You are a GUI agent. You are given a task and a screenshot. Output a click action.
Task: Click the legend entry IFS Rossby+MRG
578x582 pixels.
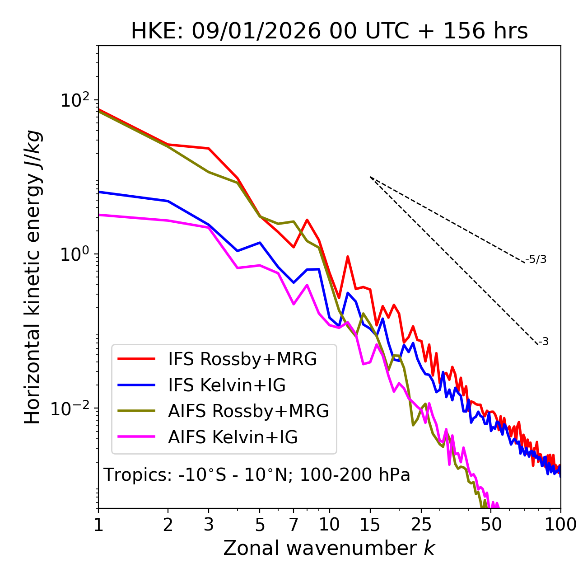click(242, 359)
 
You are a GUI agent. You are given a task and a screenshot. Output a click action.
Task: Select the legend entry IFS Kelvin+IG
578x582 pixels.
click(227, 385)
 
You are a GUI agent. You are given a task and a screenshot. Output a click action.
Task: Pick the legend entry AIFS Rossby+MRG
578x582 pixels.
click(248, 411)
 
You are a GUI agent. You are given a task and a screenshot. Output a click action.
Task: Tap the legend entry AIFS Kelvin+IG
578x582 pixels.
click(233, 437)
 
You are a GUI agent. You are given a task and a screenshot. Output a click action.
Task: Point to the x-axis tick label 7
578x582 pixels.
click(294, 525)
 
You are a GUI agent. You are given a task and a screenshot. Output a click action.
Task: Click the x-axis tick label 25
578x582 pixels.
click(421, 525)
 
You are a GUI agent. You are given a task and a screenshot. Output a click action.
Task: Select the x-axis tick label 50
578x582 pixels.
click(491, 525)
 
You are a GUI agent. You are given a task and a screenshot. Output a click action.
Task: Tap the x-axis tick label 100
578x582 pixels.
click(560, 525)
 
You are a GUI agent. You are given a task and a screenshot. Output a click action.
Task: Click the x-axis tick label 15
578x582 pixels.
click(370, 525)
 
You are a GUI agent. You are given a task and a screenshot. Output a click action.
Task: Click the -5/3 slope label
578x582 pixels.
click(536, 259)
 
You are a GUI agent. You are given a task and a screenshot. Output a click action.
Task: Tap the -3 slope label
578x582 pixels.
click(543, 342)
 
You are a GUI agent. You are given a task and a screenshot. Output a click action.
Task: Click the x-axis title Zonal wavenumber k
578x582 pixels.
click(329, 548)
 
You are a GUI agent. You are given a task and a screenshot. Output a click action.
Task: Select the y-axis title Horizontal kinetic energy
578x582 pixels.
click(33, 277)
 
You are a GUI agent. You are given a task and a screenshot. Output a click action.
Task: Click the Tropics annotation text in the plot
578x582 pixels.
click(257, 475)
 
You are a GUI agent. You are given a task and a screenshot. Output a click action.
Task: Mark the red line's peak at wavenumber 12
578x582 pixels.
click(348, 257)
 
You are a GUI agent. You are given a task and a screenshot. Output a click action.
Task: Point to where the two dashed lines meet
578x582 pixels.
click(370, 177)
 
